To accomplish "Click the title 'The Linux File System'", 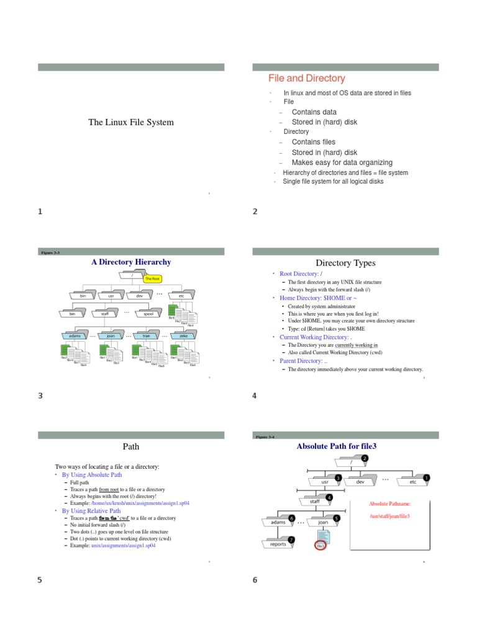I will click(x=131, y=122).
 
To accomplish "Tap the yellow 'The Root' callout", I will click(x=152, y=279).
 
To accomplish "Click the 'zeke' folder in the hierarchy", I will click(x=183, y=335).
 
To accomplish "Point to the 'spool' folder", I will click(x=148, y=314).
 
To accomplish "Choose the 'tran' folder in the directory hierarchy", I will click(x=147, y=335).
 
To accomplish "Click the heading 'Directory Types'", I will click(x=345, y=263).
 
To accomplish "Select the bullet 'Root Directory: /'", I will click(x=301, y=273).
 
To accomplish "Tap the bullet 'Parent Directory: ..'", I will click(x=302, y=360).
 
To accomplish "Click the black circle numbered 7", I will click(x=291, y=540).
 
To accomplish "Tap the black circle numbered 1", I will click(x=426, y=477).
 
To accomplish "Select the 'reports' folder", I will click(x=278, y=544).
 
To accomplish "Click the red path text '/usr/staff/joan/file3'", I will click(x=389, y=516).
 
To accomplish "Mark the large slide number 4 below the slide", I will click(x=255, y=396).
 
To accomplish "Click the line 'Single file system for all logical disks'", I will click(x=333, y=182).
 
